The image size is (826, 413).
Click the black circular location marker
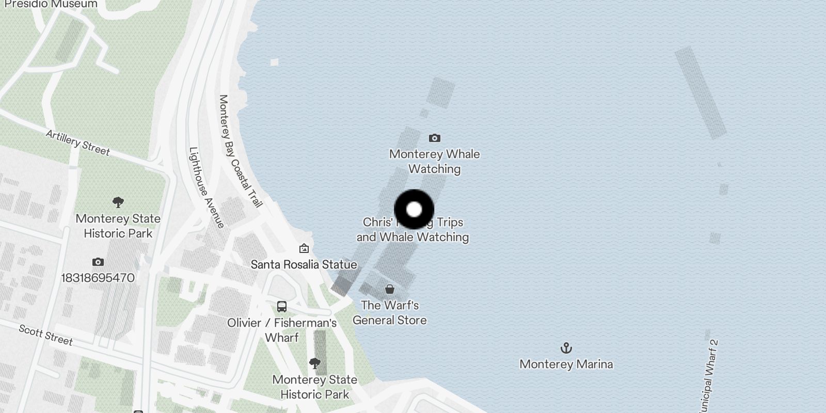click(x=414, y=210)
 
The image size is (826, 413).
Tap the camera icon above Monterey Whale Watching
click(x=435, y=138)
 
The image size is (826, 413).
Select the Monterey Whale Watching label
click(x=435, y=162)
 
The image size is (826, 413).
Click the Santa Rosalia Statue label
click(x=304, y=264)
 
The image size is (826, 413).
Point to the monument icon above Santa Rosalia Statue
click(x=304, y=249)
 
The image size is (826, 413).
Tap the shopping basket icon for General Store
click(x=390, y=289)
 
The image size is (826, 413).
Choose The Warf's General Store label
click(x=390, y=313)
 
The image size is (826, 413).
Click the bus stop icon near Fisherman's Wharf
click(x=282, y=307)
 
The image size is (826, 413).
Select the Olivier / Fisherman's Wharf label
click(x=282, y=330)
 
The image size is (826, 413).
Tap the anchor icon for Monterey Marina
click(x=566, y=348)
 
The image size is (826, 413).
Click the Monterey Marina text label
click(x=566, y=364)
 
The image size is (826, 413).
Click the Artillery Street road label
click(x=78, y=142)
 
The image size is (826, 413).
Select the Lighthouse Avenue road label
click(x=206, y=187)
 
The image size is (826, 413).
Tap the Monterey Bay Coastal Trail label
click(x=241, y=151)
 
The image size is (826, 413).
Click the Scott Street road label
click(x=46, y=335)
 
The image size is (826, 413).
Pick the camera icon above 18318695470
click(x=98, y=262)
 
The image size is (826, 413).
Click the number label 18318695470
click(x=98, y=278)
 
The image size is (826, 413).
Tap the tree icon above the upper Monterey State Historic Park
click(x=118, y=202)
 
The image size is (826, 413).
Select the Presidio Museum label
click(x=51, y=4)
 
